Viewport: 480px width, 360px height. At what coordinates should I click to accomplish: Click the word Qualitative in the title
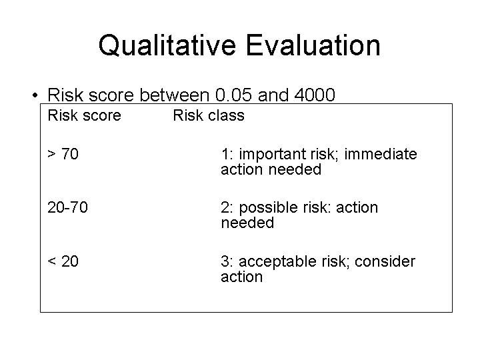coord(167,45)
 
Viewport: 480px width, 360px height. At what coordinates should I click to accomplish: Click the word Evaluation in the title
coord(313,45)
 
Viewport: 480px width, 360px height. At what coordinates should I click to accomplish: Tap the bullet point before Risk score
coord(35,95)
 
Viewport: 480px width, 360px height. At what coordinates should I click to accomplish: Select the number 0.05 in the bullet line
coord(233,95)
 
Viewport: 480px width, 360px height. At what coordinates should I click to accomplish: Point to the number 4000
coord(315,95)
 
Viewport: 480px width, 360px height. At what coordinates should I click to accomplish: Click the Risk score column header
coord(85,115)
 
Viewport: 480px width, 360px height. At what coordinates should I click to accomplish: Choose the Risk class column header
coord(209,115)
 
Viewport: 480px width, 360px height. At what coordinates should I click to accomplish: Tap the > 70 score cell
coord(63,154)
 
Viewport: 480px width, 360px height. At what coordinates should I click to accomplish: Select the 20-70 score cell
coord(67,207)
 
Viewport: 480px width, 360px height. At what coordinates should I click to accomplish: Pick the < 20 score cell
coord(63,261)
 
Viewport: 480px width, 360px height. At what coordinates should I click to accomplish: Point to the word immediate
coord(381,154)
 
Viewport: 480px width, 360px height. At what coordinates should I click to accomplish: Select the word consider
coord(385,261)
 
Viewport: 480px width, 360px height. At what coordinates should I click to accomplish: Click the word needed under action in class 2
coord(247,223)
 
